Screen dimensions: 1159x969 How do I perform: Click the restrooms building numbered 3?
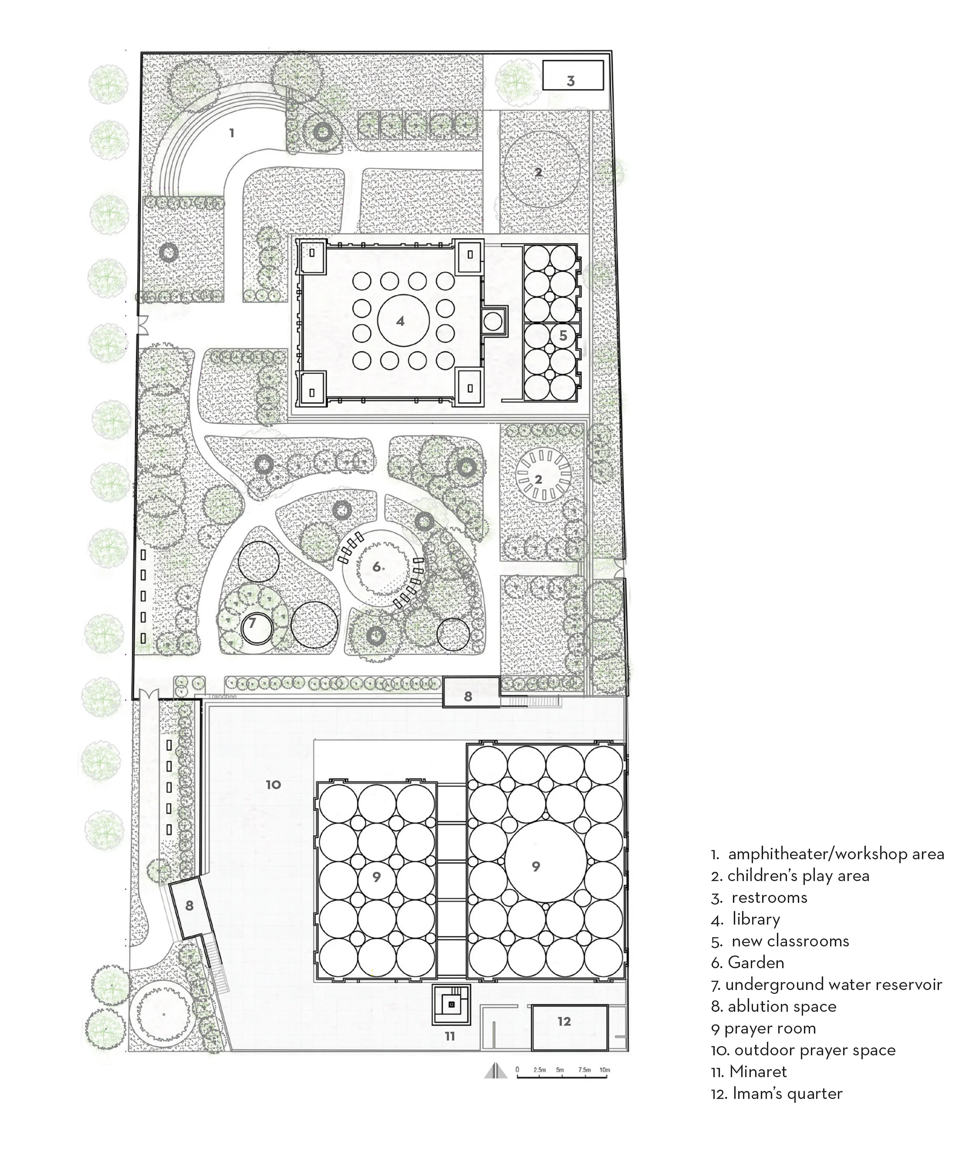click(x=572, y=76)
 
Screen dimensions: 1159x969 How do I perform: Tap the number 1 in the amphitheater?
click(x=232, y=133)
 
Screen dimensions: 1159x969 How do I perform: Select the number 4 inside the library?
click(x=401, y=321)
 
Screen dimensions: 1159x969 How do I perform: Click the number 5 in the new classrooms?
click(x=563, y=336)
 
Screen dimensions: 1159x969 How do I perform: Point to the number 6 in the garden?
click(x=377, y=567)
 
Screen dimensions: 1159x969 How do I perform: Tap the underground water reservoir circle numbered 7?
click(x=257, y=628)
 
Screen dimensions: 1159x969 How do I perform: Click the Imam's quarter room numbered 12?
click(x=570, y=1028)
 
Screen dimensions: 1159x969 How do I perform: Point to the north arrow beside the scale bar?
click(x=495, y=1071)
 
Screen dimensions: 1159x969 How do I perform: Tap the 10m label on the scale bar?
click(x=605, y=1070)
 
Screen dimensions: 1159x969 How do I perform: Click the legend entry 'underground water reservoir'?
click(x=833, y=985)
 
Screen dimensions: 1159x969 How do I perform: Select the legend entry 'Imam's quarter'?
click(x=787, y=1093)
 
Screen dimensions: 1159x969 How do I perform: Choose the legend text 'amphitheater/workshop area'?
click(x=836, y=854)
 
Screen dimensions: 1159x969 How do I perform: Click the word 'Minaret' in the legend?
click(x=758, y=1072)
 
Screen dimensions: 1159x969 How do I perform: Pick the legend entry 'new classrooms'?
click(x=790, y=941)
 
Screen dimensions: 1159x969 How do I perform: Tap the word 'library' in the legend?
click(x=756, y=919)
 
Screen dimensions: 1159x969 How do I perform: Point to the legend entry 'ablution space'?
click(x=781, y=1006)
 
